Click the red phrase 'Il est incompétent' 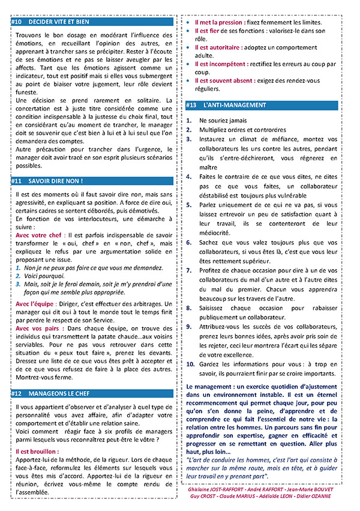coord(220,63)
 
